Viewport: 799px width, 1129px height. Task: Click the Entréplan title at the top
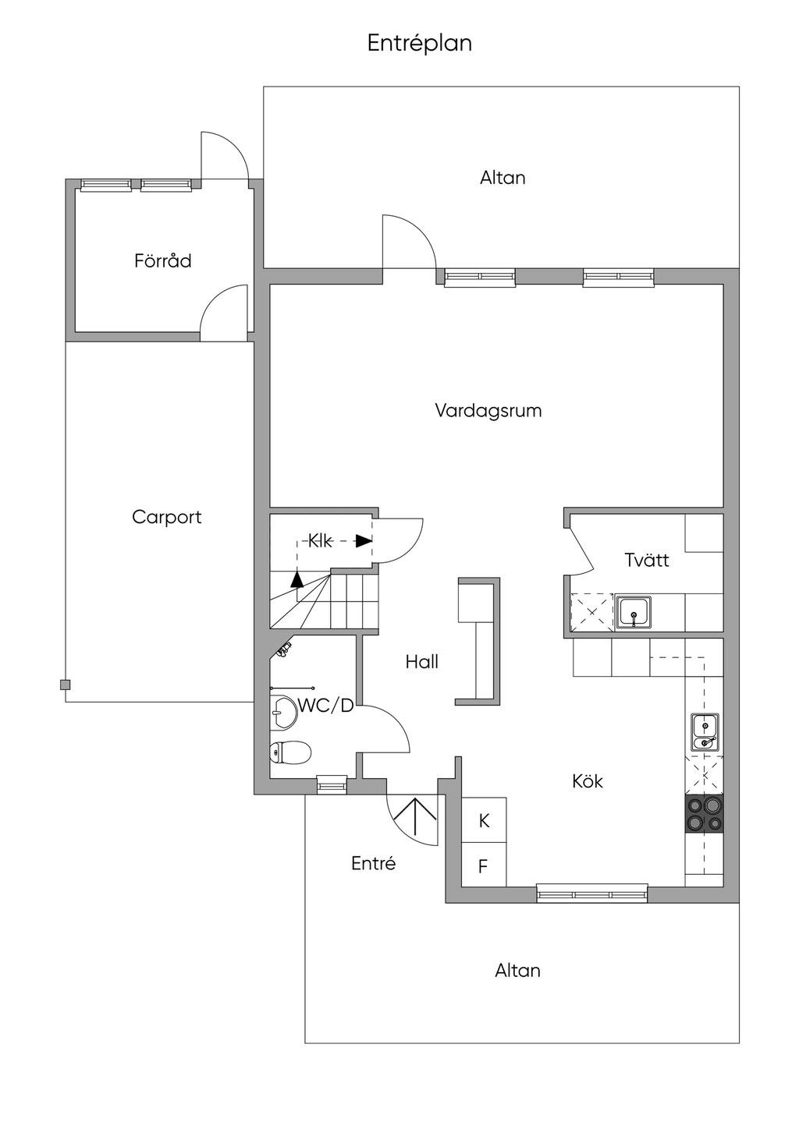[420, 43]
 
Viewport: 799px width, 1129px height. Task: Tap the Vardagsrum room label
[488, 410]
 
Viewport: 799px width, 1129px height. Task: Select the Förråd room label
[162, 260]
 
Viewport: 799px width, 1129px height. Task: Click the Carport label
[166, 517]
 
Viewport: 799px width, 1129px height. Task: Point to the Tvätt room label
[647, 560]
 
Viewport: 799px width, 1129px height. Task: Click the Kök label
[588, 781]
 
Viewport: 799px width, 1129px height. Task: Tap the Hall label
[421, 662]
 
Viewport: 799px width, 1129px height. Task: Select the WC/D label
[326, 706]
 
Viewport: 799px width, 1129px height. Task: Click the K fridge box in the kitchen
[484, 820]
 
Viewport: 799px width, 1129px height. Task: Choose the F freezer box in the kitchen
[484, 865]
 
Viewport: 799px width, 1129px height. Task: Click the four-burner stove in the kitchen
[704, 814]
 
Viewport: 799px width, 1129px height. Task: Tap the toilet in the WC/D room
[289, 752]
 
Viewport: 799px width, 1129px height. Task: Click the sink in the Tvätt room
[633, 613]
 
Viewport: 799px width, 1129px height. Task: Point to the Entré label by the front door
[373, 864]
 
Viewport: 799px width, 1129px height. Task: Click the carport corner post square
[65, 685]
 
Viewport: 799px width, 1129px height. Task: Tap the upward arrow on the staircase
[297, 579]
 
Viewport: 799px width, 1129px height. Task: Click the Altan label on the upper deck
[502, 178]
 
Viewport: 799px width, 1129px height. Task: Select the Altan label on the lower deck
[517, 971]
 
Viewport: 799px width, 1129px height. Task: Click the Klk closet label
[320, 541]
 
